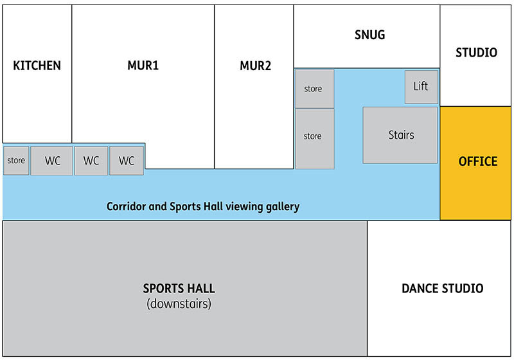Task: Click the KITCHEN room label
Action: pos(37,66)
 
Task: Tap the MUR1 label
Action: pos(143,66)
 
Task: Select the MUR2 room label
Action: pos(255,66)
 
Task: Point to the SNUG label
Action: pos(369,35)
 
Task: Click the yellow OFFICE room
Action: pos(477,161)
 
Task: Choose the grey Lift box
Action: pos(421,86)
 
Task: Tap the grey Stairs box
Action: pos(401,135)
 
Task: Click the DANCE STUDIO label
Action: pos(442,289)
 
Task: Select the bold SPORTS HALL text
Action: pos(179,288)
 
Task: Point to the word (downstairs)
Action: pos(179,303)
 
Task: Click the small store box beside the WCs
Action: pos(16,161)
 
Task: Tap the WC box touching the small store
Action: pos(52,161)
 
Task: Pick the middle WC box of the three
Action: pos(91,161)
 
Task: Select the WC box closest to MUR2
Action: pos(127,161)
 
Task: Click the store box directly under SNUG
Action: pos(314,89)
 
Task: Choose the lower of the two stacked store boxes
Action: pos(314,137)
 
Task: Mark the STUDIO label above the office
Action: pos(476,53)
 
